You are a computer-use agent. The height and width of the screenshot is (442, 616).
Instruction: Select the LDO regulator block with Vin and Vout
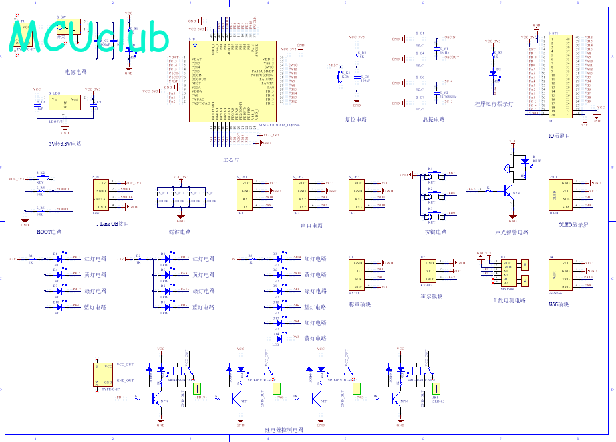[65, 104]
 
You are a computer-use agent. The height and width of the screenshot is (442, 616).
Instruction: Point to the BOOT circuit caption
[49, 232]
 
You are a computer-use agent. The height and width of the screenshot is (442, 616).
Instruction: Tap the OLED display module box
[557, 195]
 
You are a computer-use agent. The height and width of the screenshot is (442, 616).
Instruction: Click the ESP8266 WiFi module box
[557, 274]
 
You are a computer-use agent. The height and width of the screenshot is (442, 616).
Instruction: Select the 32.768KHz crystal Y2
[437, 93]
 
